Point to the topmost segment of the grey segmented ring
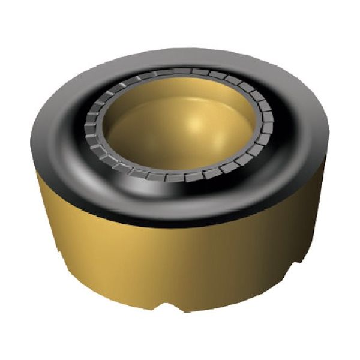(x=180, y=73)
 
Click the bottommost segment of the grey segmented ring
(x=180, y=178)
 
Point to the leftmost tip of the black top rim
(x=31, y=144)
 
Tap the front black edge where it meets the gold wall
(x=180, y=223)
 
